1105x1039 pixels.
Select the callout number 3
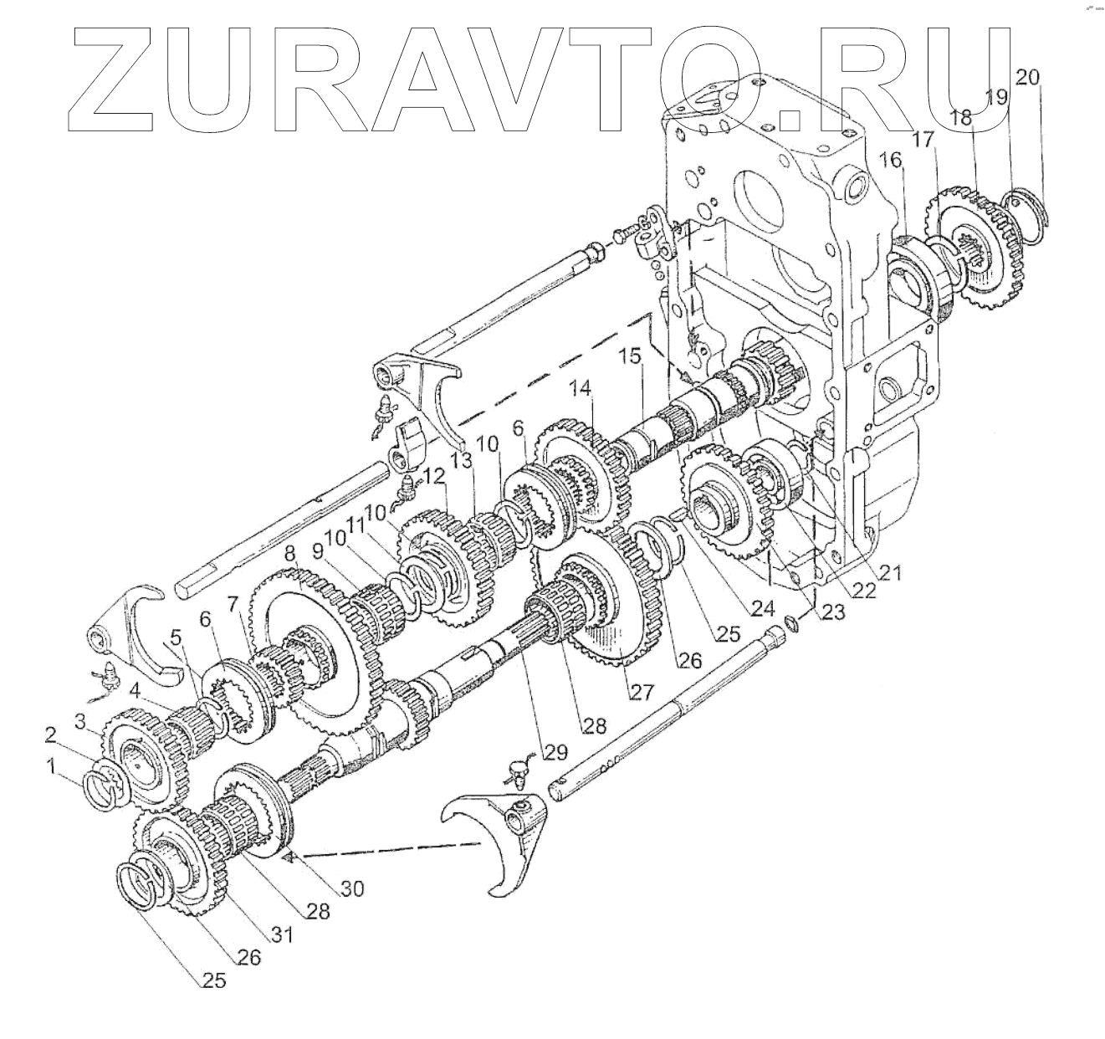coord(80,720)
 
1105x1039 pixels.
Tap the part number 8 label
coord(289,553)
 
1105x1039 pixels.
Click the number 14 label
coord(581,389)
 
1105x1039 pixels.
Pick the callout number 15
coord(628,356)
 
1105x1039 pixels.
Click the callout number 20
coord(1028,78)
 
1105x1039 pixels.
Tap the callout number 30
coord(351,890)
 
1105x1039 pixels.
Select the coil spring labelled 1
coord(105,791)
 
